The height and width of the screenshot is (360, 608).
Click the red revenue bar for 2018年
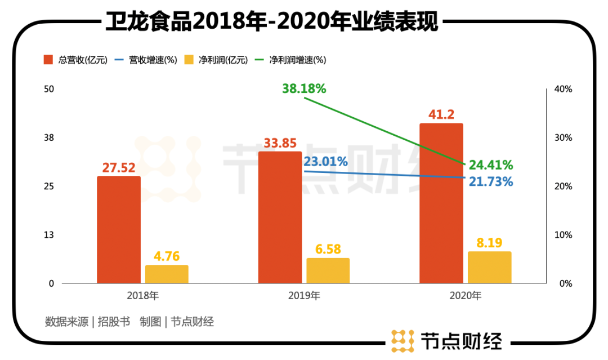[119, 229]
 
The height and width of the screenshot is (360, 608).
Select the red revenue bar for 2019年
[280, 217]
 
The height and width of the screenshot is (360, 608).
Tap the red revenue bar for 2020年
[441, 203]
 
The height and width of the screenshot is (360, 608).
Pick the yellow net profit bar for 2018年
[167, 274]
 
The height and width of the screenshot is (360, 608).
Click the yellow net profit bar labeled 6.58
[328, 270]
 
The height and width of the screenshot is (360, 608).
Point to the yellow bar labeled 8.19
[489, 267]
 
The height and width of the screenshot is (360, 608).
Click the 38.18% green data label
[304, 88]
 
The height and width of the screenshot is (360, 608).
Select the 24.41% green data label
[490, 165]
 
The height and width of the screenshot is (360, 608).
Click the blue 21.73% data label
[490, 182]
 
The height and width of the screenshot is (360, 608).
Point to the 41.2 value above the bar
[441, 115]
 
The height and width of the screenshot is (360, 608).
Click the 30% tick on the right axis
[564, 138]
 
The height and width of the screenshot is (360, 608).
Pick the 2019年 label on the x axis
[304, 295]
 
